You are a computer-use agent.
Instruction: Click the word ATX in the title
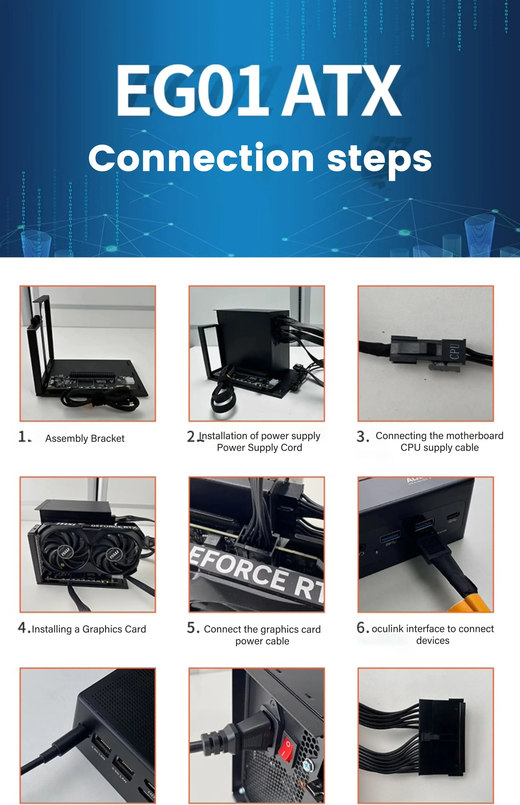tap(341, 90)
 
